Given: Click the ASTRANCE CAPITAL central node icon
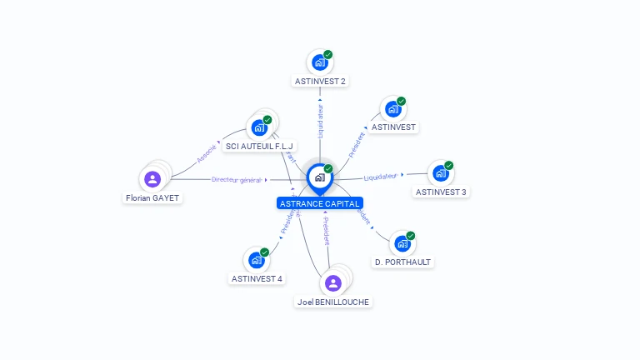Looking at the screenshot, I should pos(319,177).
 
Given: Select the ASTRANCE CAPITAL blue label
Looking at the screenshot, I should pos(320,203).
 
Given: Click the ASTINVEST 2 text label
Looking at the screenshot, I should pos(320,82).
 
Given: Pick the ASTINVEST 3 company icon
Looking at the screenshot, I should pos(439,173).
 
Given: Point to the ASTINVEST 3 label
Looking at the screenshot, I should pos(441,192).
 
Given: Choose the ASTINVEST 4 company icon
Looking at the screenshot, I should pos(256,260).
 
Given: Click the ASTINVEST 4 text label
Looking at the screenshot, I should pos(257,279).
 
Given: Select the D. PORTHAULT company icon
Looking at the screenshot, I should pos(402,243).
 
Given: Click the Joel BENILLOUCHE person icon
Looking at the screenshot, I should pos(333,282).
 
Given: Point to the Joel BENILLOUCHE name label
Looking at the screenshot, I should pos(333,302).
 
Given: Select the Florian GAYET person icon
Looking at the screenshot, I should pos(152,178).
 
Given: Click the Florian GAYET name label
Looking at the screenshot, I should pos(152,198).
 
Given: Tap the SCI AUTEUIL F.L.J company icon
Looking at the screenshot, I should pos(259,127).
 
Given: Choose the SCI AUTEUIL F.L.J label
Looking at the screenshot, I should pos(260,147).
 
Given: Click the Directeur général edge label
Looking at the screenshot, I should pos(237,179).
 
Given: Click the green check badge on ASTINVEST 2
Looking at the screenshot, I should pos(328,54).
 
